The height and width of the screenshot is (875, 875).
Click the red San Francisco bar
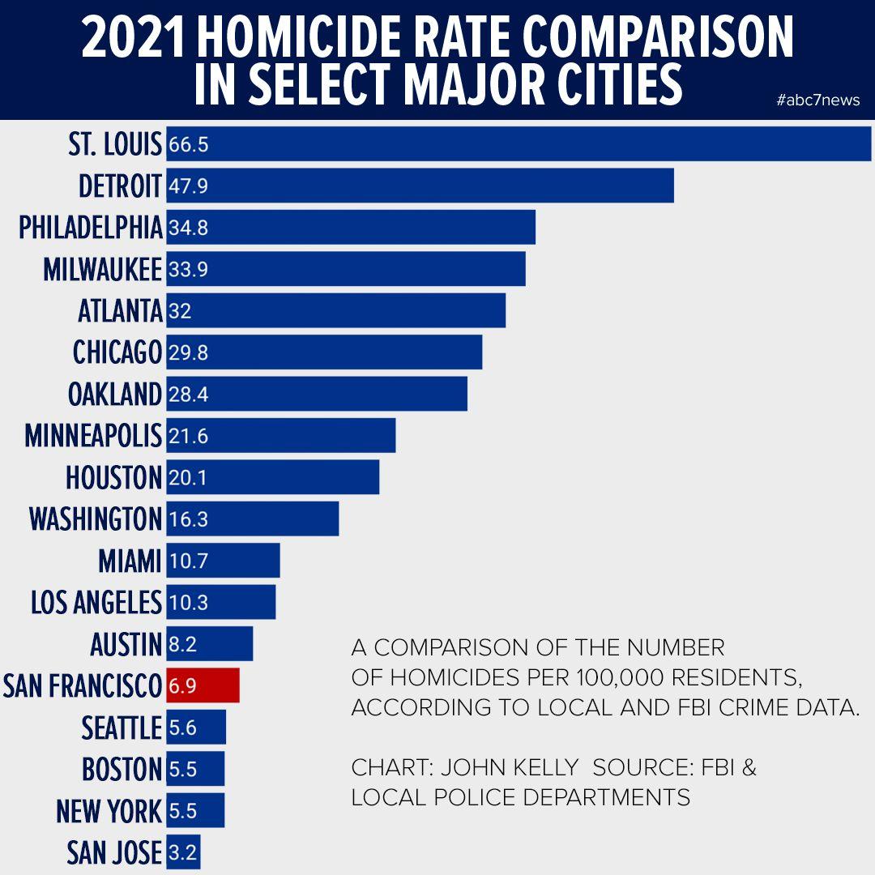tap(203, 685)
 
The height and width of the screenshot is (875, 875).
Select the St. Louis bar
tap(519, 144)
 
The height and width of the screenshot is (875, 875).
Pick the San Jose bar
tap(183, 852)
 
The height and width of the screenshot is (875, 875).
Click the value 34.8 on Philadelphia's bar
tap(189, 228)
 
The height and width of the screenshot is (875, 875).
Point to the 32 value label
tap(180, 311)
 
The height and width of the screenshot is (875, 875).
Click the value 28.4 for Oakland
tap(189, 395)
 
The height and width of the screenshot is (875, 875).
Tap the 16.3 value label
tap(189, 519)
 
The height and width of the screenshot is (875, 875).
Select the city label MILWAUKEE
tap(103, 269)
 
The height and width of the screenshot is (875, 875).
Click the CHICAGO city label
tap(117, 352)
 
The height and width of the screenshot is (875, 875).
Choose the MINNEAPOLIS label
tap(93, 436)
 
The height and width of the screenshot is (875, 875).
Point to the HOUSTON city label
tap(114, 478)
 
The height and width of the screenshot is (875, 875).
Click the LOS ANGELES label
tap(96, 602)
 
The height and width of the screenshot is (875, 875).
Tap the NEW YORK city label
tap(109, 810)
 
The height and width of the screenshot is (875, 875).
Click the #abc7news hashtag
tap(817, 100)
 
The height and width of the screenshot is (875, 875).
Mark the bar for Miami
tap(224, 561)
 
